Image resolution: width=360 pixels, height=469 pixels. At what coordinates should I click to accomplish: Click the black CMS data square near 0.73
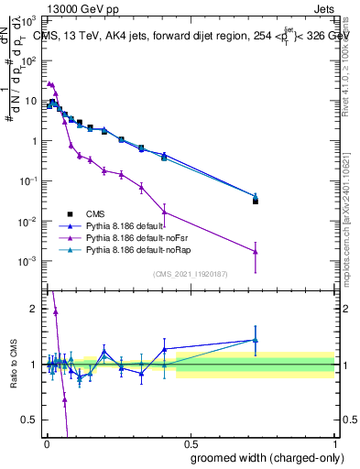click(256, 202)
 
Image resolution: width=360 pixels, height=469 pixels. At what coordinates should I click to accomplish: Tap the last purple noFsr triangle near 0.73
click(256, 252)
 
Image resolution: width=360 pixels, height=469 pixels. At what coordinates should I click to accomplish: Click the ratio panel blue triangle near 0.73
click(256, 340)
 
